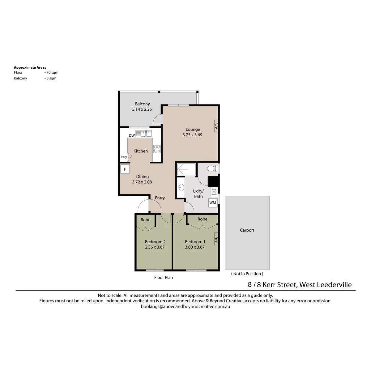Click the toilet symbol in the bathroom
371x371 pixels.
coord(212,168)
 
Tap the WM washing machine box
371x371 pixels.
coord(213,203)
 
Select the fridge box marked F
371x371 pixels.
coord(125,169)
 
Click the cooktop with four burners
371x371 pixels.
coord(157,149)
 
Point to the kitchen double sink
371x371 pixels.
coord(144,134)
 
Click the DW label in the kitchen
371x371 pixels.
coord(132,135)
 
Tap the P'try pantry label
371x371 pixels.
coord(124,157)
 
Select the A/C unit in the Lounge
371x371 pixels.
coord(216,126)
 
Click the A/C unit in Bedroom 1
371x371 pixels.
coord(216,240)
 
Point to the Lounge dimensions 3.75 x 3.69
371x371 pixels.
coord(192,135)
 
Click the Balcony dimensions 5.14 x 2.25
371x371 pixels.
coord(142,109)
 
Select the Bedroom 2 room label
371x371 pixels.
coord(155,242)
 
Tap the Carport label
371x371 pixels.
coord(247,230)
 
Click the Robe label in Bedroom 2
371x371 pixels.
coord(145,220)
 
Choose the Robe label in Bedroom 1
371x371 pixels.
coord(202,219)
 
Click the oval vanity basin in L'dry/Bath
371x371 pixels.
coord(181,188)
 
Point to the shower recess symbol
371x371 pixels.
coord(186,169)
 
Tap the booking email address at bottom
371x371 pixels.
coord(185,306)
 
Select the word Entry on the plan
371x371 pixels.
coord(160,198)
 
